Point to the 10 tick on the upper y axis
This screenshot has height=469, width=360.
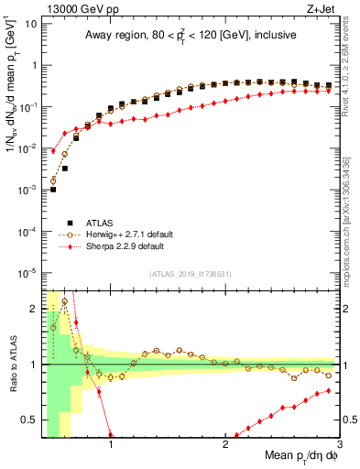29,24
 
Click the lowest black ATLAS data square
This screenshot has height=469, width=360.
53,190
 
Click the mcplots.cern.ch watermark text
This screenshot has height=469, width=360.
352,220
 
